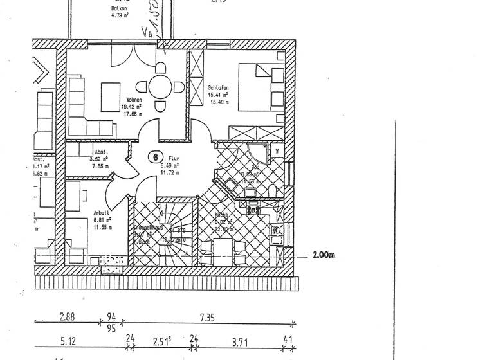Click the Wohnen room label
click(x=134, y=100)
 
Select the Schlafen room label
click(x=219, y=87)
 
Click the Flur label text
click(x=174, y=157)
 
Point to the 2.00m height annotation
click(x=324, y=255)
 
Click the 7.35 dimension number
click(x=206, y=318)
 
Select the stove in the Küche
click(x=253, y=210)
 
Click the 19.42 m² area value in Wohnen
click(x=132, y=107)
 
